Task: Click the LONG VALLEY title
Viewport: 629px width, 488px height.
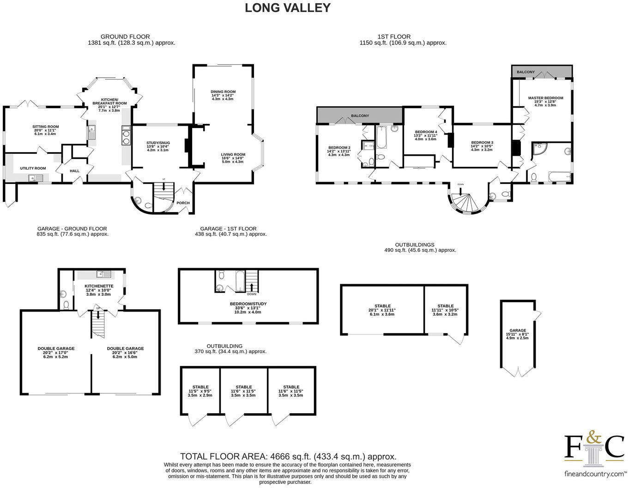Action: pyautogui.click(x=287, y=8)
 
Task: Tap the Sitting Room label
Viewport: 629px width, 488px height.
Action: pyautogui.click(x=45, y=127)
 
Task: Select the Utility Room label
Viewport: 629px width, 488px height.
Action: pyautogui.click(x=33, y=168)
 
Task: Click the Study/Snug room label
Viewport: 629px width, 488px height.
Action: pyautogui.click(x=158, y=143)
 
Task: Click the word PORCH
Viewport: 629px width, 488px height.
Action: pyautogui.click(x=183, y=203)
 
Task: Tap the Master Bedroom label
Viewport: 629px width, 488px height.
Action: pyautogui.click(x=545, y=98)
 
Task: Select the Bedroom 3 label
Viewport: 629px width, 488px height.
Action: pyautogui.click(x=482, y=142)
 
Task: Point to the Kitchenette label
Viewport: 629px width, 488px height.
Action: pyautogui.click(x=98, y=286)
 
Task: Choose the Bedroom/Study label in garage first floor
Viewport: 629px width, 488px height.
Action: pyautogui.click(x=248, y=304)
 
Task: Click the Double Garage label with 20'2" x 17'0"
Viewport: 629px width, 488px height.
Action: pyautogui.click(x=55, y=348)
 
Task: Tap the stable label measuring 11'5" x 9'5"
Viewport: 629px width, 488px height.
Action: pyautogui.click(x=200, y=387)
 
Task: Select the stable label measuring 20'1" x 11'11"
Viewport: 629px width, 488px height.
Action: pyautogui.click(x=382, y=306)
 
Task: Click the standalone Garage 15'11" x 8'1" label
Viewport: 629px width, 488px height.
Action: pyautogui.click(x=517, y=330)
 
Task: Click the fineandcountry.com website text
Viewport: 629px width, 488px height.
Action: pyautogui.click(x=595, y=474)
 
